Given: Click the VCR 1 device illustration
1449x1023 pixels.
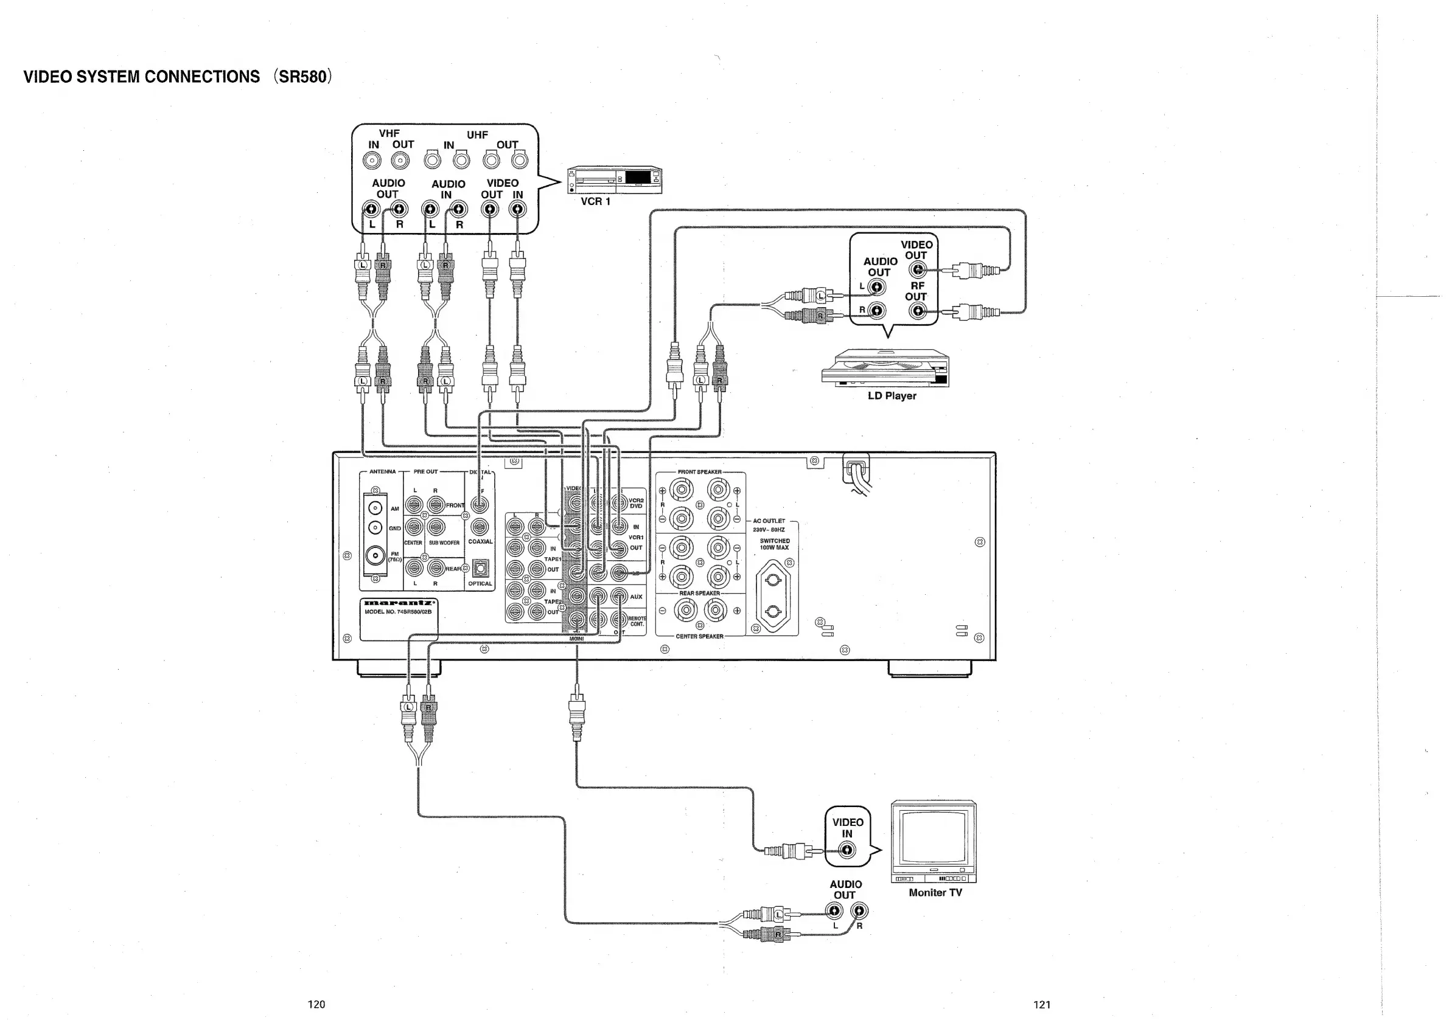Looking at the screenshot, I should [615, 180].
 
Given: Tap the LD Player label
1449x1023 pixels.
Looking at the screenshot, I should [891, 396].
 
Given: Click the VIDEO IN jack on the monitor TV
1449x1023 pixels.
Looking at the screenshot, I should [848, 850].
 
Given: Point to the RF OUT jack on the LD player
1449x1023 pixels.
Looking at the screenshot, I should [918, 310].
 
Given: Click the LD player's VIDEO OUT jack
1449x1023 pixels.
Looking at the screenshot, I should [918, 271].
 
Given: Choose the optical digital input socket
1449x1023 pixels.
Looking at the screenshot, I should [480, 569].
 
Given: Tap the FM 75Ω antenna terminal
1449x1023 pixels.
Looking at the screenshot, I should [375, 556].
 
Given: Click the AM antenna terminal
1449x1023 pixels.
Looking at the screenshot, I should [375, 508].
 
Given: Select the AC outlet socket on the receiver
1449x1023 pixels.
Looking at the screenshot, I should [773, 595].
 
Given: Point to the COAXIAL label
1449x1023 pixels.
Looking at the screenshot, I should [480, 542].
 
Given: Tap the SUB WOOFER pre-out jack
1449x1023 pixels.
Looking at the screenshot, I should [436, 527].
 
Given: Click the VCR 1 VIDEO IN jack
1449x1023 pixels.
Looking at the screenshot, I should [517, 209].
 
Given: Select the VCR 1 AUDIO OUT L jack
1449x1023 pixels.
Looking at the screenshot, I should [371, 209].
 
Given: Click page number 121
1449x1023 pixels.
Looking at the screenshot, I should [1042, 1005].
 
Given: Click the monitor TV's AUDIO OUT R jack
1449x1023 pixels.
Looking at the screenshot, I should [859, 910].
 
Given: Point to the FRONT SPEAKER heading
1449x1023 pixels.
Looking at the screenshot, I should [699, 472].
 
